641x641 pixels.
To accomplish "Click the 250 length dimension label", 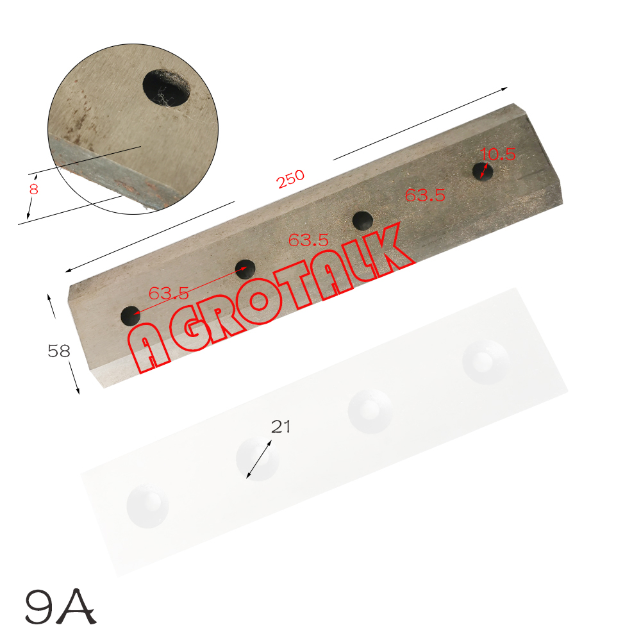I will point(290,179).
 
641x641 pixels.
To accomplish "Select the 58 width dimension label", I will point(59,351).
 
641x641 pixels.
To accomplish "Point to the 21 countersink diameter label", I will point(281,426).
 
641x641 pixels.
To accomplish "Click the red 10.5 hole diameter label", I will point(498,154).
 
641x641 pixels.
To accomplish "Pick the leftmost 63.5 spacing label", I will point(169,293).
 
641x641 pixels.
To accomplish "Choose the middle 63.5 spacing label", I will point(308,240).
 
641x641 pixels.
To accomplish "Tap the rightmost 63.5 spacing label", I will point(425,195).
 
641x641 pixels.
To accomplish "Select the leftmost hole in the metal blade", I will point(130,315).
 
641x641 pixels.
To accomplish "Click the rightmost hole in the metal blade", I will point(482,171).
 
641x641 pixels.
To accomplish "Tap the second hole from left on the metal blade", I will point(246,269).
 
